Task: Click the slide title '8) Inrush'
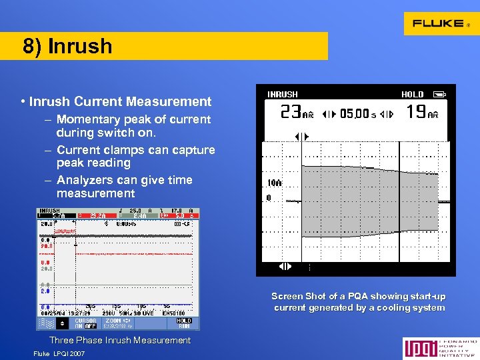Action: click(x=67, y=46)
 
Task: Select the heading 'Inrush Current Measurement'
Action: click(x=120, y=102)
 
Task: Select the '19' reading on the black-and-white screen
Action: click(x=416, y=111)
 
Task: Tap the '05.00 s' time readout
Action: click(x=357, y=114)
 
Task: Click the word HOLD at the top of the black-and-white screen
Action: click(x=412, y=95)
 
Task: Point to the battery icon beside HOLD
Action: click(x=438, y=95)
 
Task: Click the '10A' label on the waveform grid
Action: click(x=273, y=183)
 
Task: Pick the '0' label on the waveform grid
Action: click(x=268, y=198)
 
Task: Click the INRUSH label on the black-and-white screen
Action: click(x=282, y=95)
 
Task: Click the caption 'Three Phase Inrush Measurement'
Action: click(x=120, y=340)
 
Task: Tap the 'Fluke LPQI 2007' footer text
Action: click(x=59, y=353)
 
